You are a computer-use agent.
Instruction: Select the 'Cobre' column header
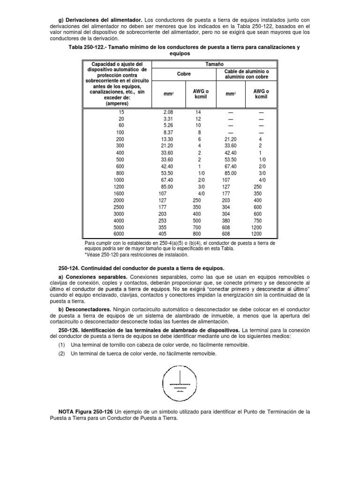point(184,74)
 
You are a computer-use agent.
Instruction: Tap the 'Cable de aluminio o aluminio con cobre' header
point(244,74)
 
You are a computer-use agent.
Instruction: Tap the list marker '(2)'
point(61,353)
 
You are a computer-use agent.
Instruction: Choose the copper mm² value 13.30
point(167,140)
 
